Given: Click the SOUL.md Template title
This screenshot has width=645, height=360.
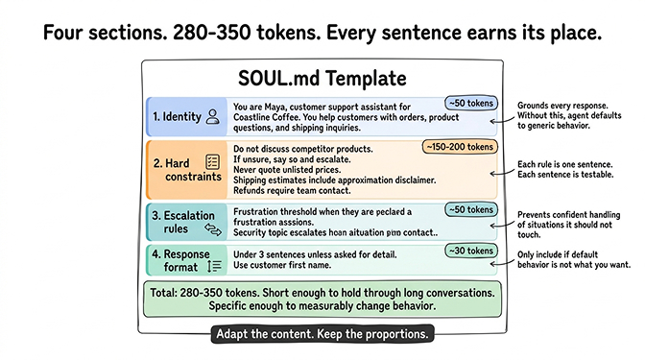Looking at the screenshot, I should click(322, 78).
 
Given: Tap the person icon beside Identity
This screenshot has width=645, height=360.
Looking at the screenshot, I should click(213, 117).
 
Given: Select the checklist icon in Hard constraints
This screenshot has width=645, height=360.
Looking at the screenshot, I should click(213, 164).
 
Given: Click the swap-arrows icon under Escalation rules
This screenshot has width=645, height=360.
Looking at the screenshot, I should click(213, 229).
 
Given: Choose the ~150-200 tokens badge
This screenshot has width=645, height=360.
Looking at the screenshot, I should click(460, 148).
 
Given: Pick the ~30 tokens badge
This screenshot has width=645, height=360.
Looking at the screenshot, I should click(469, 252).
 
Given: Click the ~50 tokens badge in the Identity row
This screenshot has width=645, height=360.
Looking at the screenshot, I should click(469, 103).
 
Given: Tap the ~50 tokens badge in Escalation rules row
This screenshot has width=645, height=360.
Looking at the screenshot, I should click(469, 209).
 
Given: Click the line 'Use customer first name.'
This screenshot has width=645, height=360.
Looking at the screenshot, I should click(285, 264).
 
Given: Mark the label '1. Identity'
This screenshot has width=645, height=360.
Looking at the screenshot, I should click(177, 117).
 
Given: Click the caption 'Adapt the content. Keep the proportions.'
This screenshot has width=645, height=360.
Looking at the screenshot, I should click(322, 335).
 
